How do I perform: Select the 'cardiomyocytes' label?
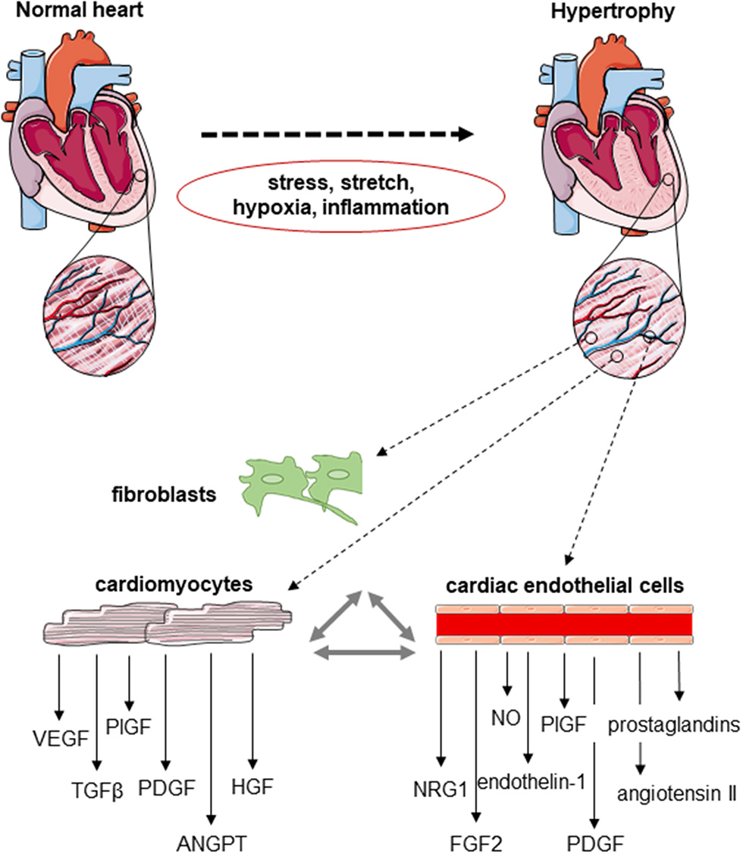(x=174, y=586)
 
